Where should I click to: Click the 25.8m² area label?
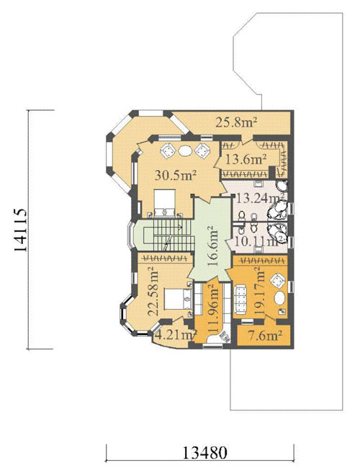(236, 122)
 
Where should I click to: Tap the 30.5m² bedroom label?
(176, 175)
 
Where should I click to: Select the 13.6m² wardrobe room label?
(246, 159)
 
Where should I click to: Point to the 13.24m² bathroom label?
(261, 198)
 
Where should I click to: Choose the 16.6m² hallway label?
(212, 246)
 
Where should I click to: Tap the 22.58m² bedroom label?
(153, 291)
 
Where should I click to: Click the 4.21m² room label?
(176, 335)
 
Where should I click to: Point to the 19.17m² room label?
(259, 290)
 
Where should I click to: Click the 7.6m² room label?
(265, 335)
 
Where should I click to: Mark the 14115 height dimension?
(20, 230)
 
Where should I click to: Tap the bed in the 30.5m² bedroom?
(164, 202)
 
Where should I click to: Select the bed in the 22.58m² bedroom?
(178, 299)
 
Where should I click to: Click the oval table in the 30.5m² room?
(185, 151)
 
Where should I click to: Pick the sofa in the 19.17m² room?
(240, 299)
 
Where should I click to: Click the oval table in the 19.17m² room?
(280, 299)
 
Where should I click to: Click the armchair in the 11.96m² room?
(224, 336)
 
